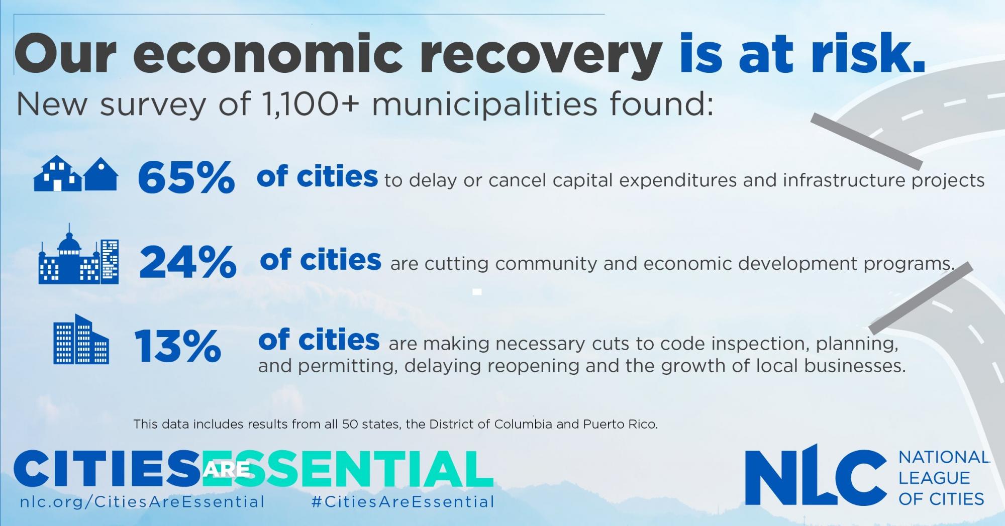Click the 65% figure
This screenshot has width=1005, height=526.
tap(186, 177)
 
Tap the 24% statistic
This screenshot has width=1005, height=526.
tap(187, 262)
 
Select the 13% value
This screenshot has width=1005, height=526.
tap(177, 346)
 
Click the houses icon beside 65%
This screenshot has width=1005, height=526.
tap(76, 174)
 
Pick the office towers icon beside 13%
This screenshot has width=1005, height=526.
tap(81, 339)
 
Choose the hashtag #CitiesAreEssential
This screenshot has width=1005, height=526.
tap(403, 501)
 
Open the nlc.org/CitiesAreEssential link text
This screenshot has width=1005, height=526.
tap(142, 501)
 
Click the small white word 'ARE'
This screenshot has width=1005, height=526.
tap(227, 469)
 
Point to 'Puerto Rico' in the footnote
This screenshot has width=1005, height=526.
tap(620, 424)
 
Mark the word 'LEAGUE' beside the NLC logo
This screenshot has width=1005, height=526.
tap(934, 478)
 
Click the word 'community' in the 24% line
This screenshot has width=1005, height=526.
tap(547, 264)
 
